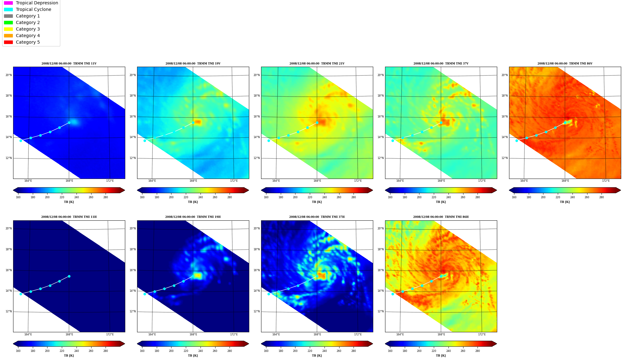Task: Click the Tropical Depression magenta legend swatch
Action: [x=8, y=3]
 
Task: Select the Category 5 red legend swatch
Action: [x=8, y=42]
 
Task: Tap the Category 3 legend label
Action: [x=28, y=29]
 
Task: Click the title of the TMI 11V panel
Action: [x=69, y=64]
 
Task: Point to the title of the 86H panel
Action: [x=441, y=217]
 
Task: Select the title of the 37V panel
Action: [x=441, y=64]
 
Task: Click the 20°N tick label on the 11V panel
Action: [x=8, y=75]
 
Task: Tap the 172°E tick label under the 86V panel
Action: [x=606, y=181]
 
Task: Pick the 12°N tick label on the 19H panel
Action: [x=132, y=311]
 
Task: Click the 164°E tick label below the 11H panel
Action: [x=28, y=334]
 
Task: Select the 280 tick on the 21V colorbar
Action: [x=354, y=197]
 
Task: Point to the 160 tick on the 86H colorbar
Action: [x=390, y=351]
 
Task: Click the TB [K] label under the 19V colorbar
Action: [x=193, y=202]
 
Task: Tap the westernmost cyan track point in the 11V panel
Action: [x=21, y=141]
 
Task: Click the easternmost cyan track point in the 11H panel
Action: [x=69, y=276]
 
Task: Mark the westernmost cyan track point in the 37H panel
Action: [x=269, y=294]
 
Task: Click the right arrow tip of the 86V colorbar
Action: [x=621, y=190]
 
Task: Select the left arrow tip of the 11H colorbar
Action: [x=13, y=344]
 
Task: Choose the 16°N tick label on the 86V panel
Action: [x=504, y=117]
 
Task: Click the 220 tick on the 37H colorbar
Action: [x=310, y=351]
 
